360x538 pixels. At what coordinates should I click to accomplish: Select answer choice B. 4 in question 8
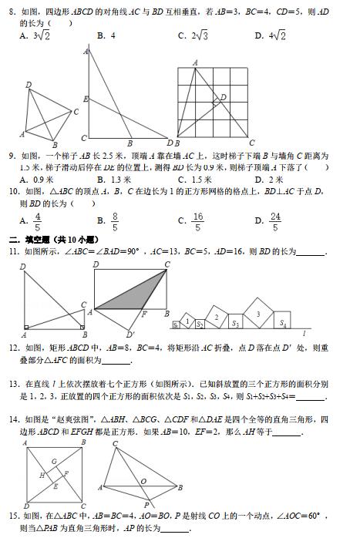[x=106, y=35]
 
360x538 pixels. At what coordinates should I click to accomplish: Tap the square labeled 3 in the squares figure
[x=257, y=313]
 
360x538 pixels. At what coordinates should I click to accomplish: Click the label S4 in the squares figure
[x=284, y=323]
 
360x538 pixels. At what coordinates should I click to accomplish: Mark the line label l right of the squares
[x=304, y=332]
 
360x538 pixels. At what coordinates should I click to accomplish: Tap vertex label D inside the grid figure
[x=224, y=97]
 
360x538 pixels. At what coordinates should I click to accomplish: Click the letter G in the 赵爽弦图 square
[x=53, y=462]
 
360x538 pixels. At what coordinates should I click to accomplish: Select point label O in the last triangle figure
[x=143, y=482]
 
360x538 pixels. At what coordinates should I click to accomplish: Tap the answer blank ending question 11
[x=310, y=252]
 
